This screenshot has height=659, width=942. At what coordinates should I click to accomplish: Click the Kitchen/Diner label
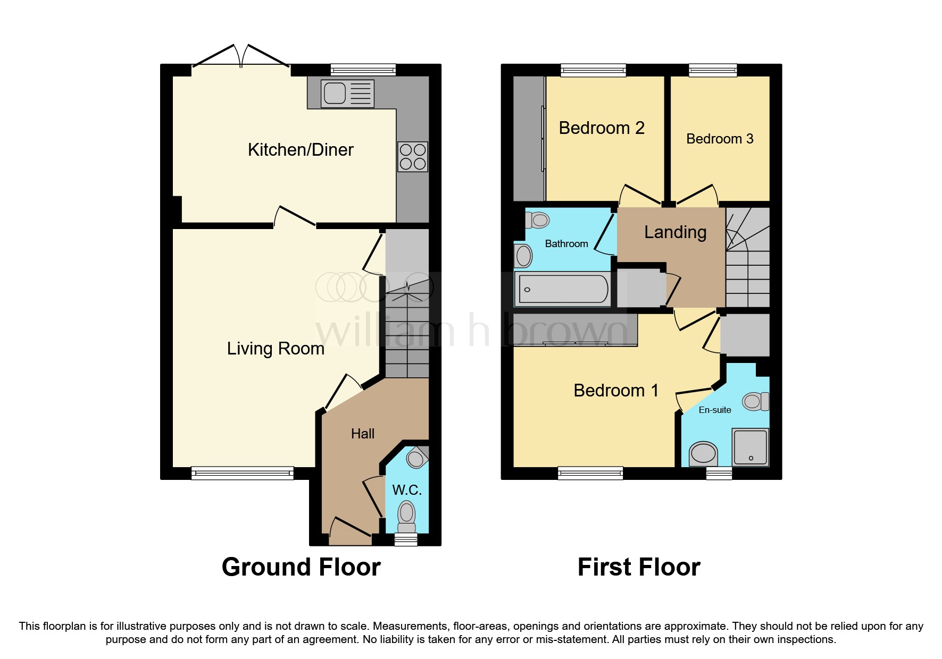[301, 150]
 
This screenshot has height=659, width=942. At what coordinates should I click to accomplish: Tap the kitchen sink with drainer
[347, 94]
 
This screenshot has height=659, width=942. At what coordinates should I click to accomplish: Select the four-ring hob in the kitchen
[413, 157]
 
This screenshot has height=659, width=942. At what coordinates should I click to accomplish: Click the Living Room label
[276, 349]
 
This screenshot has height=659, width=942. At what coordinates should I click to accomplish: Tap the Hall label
[363, 434]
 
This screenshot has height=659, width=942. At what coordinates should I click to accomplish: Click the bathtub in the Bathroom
[563, 289]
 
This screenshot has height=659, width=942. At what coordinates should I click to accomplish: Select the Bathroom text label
[566, 244]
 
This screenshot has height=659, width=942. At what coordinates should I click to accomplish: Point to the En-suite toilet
[756, 401]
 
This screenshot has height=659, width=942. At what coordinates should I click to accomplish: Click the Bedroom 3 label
[720, 139]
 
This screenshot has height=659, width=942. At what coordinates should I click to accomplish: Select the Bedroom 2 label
[602, 128]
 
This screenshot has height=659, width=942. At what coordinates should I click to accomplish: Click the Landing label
[675, 232]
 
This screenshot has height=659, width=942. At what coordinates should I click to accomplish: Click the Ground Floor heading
[301, 567]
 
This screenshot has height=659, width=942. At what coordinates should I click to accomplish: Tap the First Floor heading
[639, 567]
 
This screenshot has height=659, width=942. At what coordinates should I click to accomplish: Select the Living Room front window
[243, 472]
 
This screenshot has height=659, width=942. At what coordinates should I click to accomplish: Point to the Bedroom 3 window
[713, 70]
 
